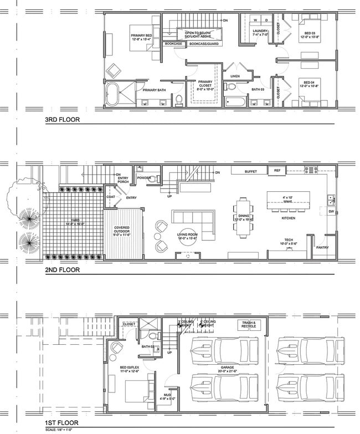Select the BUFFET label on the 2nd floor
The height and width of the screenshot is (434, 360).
pyautogui.click(x=251, y=171)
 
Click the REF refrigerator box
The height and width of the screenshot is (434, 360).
pyautogui.click(x=277, y=171)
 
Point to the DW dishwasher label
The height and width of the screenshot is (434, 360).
pyautogui.click(x=331, y=211)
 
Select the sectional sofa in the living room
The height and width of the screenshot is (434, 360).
pyautogui.click(x=194, y=223)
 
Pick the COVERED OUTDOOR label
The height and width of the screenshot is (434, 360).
pyautogui.click(x=121, y=230)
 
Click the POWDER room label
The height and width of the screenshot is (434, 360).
pyautogui.click(x=145, y=178)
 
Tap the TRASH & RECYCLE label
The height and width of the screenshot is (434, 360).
pyautogui.click(x=248, y=324)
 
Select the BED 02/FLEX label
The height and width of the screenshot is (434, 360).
pyautogui.click(x=130, y=369)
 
